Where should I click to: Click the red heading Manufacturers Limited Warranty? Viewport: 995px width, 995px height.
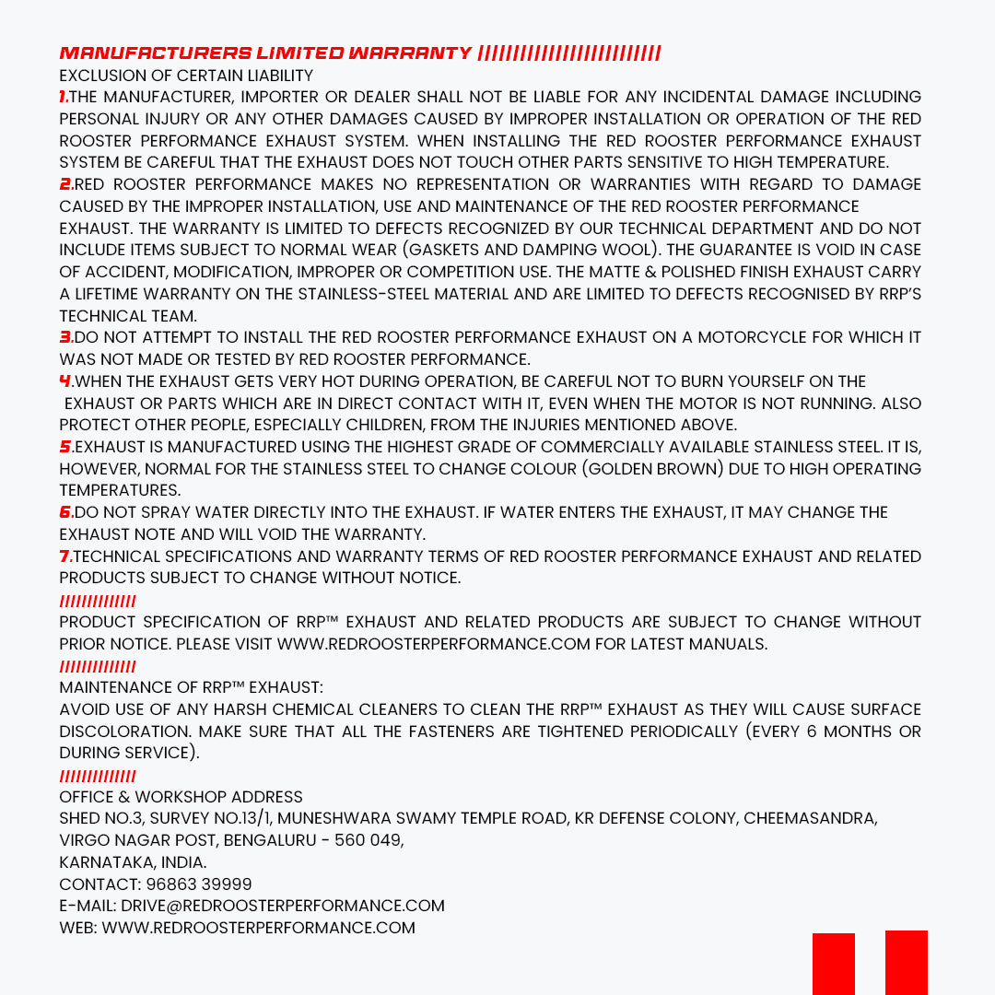265,53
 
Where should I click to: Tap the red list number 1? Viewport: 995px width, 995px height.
63,97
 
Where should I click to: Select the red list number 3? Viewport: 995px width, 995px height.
64,337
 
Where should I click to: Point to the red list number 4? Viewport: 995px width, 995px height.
64,381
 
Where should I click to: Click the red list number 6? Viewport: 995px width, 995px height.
64,512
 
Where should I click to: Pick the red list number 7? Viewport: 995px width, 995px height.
64,556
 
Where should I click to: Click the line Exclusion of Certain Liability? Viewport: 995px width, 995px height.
186,76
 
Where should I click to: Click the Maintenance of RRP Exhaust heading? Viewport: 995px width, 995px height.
191,687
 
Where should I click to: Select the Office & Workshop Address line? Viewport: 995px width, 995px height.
181,797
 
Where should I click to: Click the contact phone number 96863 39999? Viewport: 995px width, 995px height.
199,884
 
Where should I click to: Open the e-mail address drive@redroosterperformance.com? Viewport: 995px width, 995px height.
283,906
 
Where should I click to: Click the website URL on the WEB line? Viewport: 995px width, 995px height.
258,928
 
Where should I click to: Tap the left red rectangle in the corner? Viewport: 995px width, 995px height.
833,964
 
